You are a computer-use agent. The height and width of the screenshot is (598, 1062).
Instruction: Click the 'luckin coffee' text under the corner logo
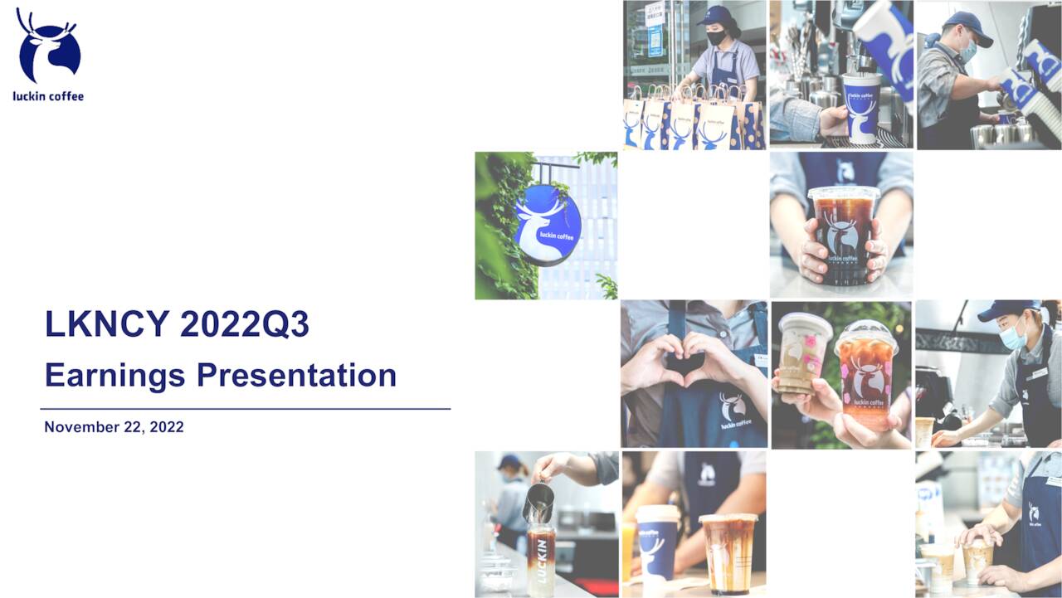[48, 96]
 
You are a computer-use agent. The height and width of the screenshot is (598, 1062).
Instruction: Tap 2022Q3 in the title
[244, 324]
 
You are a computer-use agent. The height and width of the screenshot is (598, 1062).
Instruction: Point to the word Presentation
[296, 375]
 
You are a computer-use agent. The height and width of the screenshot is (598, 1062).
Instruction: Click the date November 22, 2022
[114, 427]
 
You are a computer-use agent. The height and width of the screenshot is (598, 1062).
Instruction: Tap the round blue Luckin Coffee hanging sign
[547, 225]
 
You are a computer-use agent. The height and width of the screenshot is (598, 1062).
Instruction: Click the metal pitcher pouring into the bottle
[538, 502]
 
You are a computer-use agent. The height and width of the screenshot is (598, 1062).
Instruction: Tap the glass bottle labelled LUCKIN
[540, 561]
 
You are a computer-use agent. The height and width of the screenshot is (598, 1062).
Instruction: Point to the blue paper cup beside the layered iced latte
[657, 543]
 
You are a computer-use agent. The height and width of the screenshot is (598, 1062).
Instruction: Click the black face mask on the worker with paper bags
[716, 37]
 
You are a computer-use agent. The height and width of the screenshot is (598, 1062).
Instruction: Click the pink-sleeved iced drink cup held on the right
[865, 373]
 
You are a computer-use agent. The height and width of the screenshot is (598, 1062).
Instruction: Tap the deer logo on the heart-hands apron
[731, 407]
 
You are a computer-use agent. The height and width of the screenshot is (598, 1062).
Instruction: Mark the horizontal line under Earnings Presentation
[245, 409]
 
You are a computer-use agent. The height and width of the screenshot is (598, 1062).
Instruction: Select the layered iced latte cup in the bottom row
[727, 552]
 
